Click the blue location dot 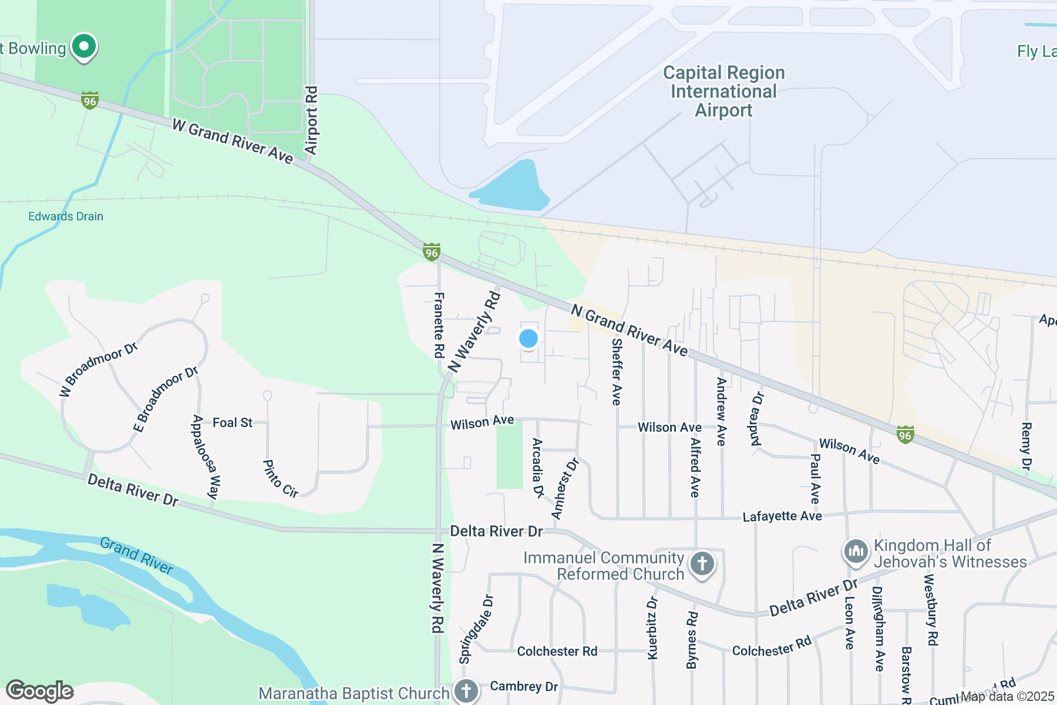coord(528,338)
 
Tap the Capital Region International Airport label coord(723,92)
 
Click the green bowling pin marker coord(84,47)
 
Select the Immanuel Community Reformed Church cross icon coord(702,565)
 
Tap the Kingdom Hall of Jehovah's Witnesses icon coord(856,552)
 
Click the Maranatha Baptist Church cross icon coord(466,690)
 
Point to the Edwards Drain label coord(66,216)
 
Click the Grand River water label coord(137,555)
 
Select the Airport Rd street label coord(311,121)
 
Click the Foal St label coord(233,422)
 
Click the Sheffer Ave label coord(616,371)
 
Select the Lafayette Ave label coord(782,516)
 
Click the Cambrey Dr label coord(524,686)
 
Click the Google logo coord(40,691)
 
